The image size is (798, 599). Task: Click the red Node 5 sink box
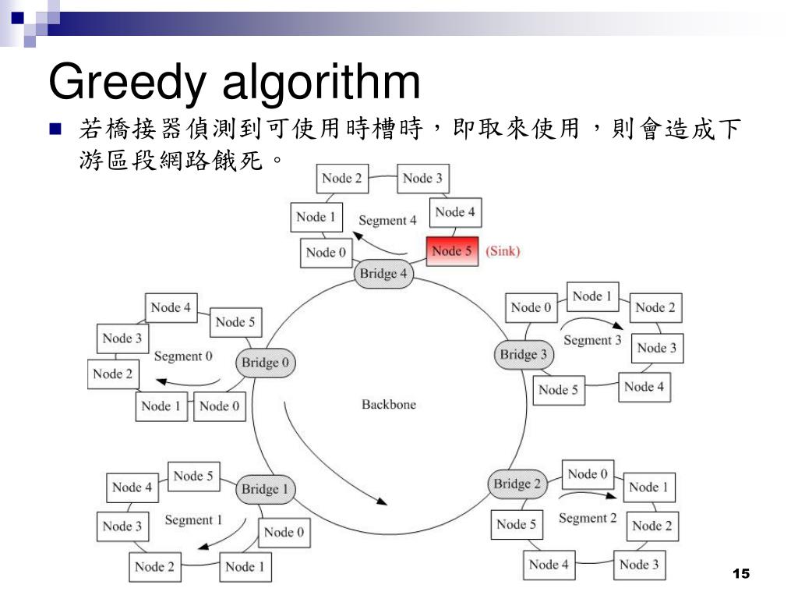[x=452, y=251]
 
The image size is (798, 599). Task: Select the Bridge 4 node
[x=383, y=274]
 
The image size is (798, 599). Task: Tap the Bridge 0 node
[x=265, y=363]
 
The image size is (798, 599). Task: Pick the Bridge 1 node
[x=265, y=489]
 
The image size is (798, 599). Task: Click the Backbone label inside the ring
[x=389, y=404]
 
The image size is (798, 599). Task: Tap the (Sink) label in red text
[x=503, y=251]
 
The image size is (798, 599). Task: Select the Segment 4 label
[x=387, y=221]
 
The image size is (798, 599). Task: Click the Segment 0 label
[x=183, y=356]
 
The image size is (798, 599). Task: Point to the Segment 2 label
[x=588, y=518]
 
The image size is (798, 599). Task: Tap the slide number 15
[x=741, y=574]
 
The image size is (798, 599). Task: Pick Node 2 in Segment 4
[x=342, y=179]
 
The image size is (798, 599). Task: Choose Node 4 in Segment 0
[x=171, y=307]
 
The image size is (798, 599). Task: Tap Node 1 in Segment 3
[x=592, y=296]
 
